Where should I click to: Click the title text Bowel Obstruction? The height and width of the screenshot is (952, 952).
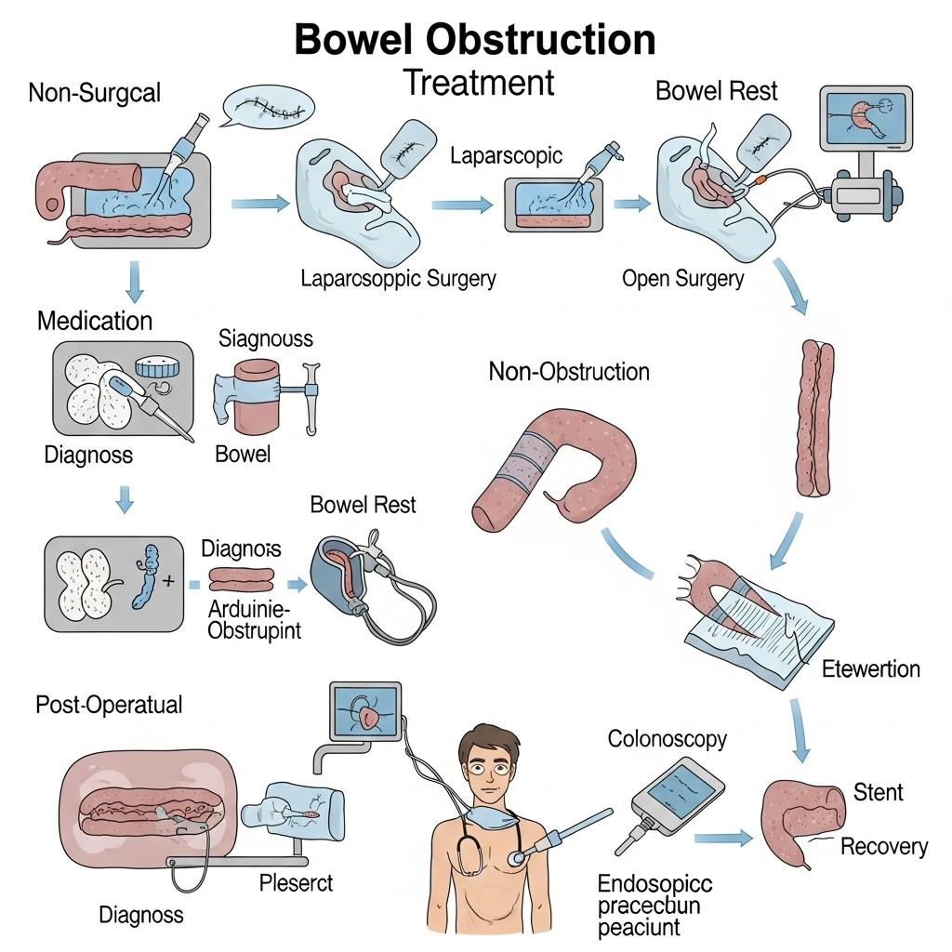pyautogui.click(x=475, y=40)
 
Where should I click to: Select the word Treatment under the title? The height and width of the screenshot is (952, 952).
pyautogui.click(x=479, y=84)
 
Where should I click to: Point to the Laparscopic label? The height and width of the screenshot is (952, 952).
pyautogui.click(x=506, y=155)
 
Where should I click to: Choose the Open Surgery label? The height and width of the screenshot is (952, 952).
pyautogui.click(x=683, y=278)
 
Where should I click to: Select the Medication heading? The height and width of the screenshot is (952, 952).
pyautogui.click(x=95, y=322)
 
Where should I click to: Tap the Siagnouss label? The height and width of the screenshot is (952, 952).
pyautogui.click(x=266, y=338)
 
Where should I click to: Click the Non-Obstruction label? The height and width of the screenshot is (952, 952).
pyautogui.click(x=569, y=373)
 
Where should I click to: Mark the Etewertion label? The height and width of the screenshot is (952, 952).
pyautogui.click(x=871, y=668)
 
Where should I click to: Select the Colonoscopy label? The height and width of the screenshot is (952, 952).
pyautogui.click(x=668, y=739)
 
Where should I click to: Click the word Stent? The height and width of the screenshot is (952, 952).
pyautogui.click(x=878, y=792)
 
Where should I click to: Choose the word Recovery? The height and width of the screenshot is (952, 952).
pyautogui.click(x=883, y=846)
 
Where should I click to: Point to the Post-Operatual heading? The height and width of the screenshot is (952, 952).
pyautogui.click(x=109, y=705)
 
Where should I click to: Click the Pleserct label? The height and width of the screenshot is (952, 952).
pyautogui.click(x=296, y=881)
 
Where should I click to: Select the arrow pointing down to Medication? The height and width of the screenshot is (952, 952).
pyautogui.click(x=134, y=281)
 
